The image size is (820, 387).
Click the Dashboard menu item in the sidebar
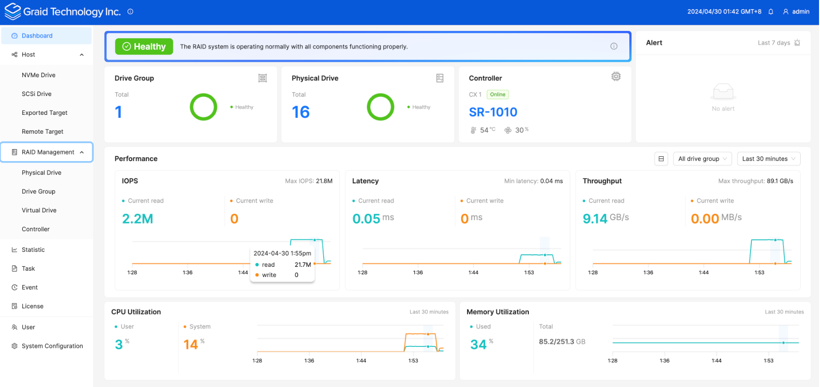click(x=37, y=36)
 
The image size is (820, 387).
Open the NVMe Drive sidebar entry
click(x=39, y=75)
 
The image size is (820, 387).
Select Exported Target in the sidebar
click(x=44, y=113)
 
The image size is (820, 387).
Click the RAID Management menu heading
click(x=47, y=152)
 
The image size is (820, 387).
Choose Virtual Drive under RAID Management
click(x=39, y=210)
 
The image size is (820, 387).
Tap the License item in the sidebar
click(x=32, y=306)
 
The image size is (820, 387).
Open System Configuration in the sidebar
click(x=52, y=346)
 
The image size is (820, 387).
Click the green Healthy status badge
click(x=144, y=47)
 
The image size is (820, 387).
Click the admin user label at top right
click(x=800, y=12)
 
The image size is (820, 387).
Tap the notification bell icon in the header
click(x=771, y=12)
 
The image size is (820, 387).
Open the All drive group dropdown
click(x=702, y=159)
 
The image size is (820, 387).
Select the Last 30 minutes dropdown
click(x=768, y=159)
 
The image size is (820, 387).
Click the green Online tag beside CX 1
click(x=497, y=95)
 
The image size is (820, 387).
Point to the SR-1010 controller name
click(x=493, y=112)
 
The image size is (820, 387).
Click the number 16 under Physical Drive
click(x=300, y=112)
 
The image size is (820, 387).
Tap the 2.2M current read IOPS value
click(x=138, y=219)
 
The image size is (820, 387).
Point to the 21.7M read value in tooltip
click(x=303, y=265)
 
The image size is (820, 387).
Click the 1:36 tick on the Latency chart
click(x=418, y=273)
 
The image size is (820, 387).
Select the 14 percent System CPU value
click(x=191, y=345)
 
